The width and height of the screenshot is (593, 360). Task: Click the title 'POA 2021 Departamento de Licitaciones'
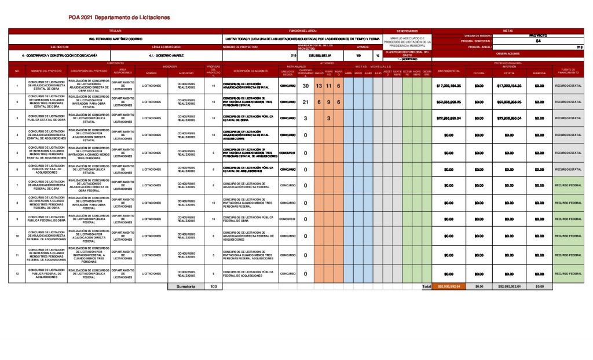tap(119, 17)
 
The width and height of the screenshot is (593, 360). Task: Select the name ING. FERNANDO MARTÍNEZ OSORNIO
tap(115, 39)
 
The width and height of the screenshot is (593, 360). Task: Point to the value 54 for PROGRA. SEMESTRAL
tap(539, 41)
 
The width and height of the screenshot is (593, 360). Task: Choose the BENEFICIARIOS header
tap(407, 31)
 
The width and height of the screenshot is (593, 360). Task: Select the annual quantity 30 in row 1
tap(305, 86)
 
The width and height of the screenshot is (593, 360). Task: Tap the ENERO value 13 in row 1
tap(319, 86)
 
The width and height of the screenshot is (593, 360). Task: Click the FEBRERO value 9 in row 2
tap(328, 102)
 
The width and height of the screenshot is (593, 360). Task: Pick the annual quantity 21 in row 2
tap(305, 102)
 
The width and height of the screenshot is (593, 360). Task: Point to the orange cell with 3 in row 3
tap(328, 119)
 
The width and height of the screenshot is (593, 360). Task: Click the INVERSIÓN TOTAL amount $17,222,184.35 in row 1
tap(449, 86)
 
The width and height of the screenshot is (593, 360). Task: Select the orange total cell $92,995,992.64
tap(449, 286)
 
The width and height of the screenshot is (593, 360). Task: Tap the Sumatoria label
tap(185, 286)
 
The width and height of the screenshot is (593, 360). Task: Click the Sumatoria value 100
tap(213, 286)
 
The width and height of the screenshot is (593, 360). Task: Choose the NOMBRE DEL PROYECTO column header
tap(46, 71)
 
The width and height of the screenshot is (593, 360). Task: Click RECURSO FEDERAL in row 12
tap(568, 274)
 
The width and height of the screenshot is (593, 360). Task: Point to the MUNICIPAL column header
tap(539, 73)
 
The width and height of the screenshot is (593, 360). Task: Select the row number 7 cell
tap(17, 186)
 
